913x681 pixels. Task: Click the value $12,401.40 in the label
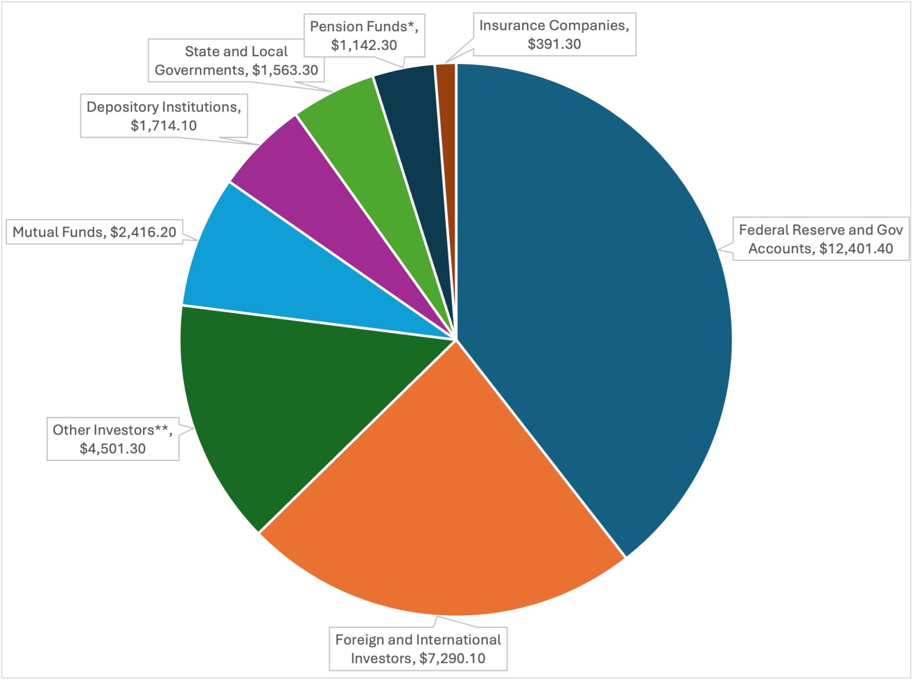(856, 248)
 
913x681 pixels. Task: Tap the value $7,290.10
(452, 658)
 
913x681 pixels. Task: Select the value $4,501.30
(113, 448)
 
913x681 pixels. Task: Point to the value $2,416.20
(143, 232)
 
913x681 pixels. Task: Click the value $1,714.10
(164, 125)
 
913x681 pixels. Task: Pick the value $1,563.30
(285, 70)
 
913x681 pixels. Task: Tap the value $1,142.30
(364, 45)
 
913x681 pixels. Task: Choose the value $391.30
(554, 44)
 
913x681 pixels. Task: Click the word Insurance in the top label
(512, 25)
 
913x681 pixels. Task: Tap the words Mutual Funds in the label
(58, 232)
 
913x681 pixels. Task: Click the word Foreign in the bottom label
(359, 640)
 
